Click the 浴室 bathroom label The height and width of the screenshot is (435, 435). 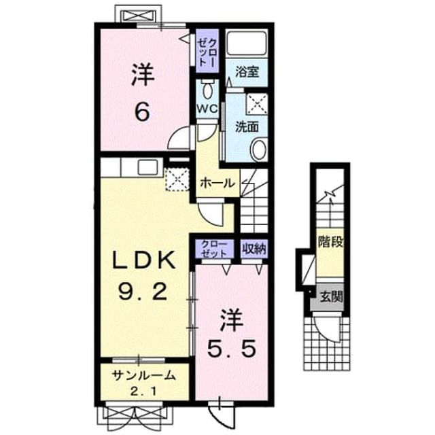[x=247, y=71]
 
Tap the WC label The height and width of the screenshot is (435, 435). [x=207, y=109]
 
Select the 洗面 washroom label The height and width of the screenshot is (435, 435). [x=247, y=126]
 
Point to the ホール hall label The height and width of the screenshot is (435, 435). [x=217, y=183]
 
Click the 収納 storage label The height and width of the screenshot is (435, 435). [x=254, y=249]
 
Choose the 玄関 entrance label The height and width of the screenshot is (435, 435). [x=331, y=297]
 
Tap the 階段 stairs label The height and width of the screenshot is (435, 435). [x=330, y=242]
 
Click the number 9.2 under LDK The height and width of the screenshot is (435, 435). [x=143, y=292]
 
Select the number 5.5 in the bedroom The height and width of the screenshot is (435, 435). [x=231, y=349]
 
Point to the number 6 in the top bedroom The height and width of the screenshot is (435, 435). [x=143, y=111]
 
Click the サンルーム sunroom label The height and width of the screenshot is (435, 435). [x=144, y=376]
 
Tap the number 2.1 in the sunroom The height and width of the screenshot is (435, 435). [x=143, y=391]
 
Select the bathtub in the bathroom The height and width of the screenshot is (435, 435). [x=246, y=43]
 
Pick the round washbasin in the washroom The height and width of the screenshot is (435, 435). [x=258, y=149]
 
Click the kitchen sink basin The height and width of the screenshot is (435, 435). [x=148, y=167]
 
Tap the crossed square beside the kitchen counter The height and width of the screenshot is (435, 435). [x=177, y=179]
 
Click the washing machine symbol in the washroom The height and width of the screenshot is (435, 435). [x=257, y=104]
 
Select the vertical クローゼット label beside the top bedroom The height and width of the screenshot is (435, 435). [x=207, y=52]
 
